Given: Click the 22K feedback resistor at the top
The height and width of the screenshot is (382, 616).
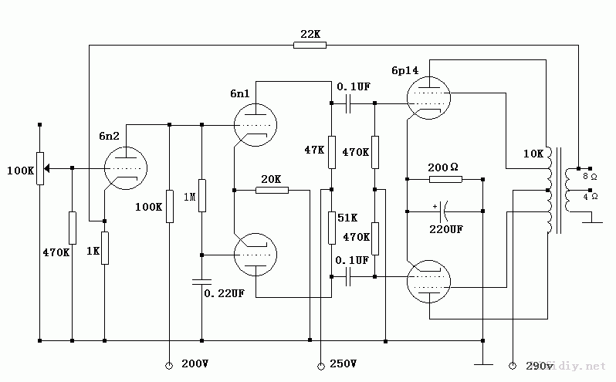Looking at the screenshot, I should [x=310, y=46].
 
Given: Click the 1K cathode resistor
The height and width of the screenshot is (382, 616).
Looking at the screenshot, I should [x=104, y=248].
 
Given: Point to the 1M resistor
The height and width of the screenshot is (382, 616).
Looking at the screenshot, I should [x=201, y=194].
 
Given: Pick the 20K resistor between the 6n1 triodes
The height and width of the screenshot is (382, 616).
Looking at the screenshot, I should [x=271, y=189].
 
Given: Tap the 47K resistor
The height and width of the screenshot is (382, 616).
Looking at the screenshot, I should [x=330, y=151].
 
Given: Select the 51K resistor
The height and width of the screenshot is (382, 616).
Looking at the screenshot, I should [x=330, y=227].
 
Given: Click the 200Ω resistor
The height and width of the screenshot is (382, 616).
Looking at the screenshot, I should [x=445, y=179].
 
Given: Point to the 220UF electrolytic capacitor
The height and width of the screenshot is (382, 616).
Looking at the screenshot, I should [x=445, y=209].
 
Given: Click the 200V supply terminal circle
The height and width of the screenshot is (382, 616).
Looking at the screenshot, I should [x=168, y=363].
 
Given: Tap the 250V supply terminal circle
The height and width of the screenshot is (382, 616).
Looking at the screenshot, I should [x=320, y=363].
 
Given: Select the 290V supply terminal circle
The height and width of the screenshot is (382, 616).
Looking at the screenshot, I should [x=513, y=363].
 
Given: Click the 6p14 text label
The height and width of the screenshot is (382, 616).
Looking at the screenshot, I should [x=404, y=70].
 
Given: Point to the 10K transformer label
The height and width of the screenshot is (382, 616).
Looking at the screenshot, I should [x=533, y=154].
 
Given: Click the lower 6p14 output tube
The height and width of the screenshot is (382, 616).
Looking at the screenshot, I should [x=428, y=281].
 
